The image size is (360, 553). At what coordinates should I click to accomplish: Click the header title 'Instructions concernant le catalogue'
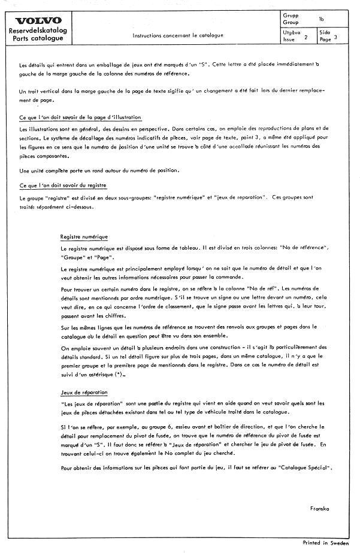click(x=177, y=35)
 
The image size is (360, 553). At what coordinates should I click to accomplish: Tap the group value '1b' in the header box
click(x=321, y=19)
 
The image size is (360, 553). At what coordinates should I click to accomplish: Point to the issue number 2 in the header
click(x=306, y=37)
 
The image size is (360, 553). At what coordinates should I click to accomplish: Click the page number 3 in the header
click(x=336, y=37)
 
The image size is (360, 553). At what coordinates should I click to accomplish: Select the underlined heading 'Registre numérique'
click(x=84, y=237)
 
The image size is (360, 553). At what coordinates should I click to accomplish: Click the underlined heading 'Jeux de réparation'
click(x=84, y=392)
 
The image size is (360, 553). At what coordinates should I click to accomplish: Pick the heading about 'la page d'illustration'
click(x=80, y=117)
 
